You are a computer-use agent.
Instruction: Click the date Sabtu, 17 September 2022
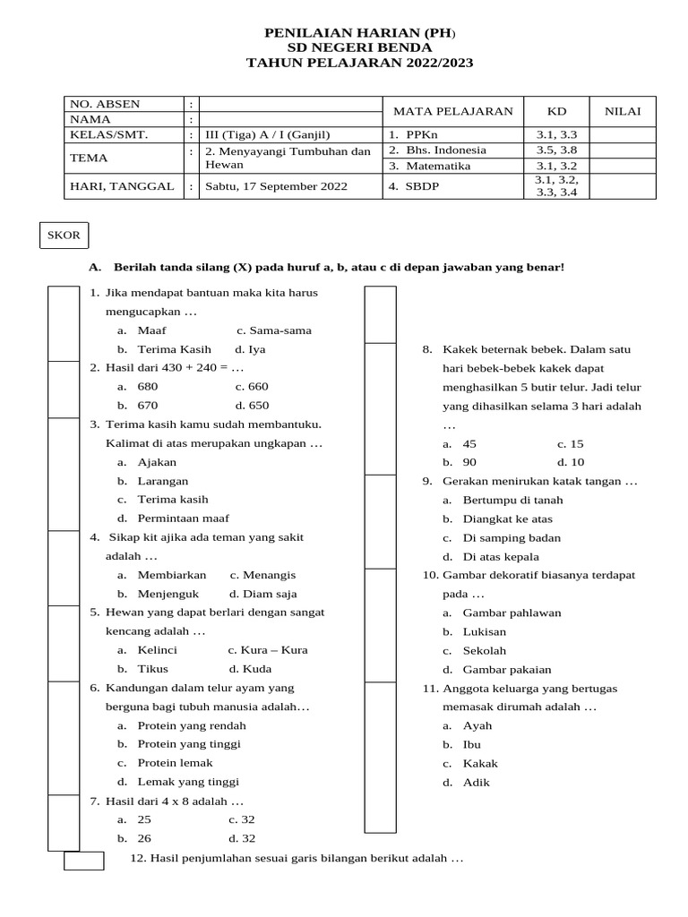tap(275, 187)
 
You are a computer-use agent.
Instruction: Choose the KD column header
tap(556, 111)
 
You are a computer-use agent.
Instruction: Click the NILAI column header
tap(622, 111)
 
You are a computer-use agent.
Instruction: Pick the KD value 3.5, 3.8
tap(556, 150)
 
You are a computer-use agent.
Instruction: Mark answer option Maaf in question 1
tap(151, 330)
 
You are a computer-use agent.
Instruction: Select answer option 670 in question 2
tap(148, 405)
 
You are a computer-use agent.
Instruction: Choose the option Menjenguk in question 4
tap(168, 593)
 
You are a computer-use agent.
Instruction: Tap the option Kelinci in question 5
tap(157, 649)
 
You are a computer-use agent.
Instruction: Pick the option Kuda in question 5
tap(256, 668)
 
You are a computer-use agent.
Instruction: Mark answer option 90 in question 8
tap(469, 462)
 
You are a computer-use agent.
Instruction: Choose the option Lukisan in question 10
tap(485, 631)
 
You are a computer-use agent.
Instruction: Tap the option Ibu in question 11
tap(471, 744)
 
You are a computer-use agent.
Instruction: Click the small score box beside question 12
tap(83, 861)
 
